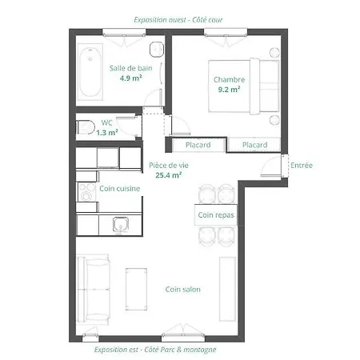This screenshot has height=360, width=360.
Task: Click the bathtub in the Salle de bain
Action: [90, 72]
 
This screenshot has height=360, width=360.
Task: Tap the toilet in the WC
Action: [86, 127]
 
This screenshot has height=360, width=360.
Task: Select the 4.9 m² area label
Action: [130, 78]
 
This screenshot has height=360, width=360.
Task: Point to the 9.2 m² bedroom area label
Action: [229, 90]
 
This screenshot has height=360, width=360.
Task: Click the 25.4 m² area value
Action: [169, 175]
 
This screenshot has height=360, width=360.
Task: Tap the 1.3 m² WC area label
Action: [107, 133]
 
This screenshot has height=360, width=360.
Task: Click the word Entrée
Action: [302, 166]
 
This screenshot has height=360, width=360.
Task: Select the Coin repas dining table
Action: [216, 215]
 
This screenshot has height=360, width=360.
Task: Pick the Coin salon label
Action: [183, 290]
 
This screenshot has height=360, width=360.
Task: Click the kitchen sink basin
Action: [121, 224]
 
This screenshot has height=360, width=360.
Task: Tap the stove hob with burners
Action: [86, 192]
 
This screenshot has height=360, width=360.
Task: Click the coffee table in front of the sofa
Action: [136, 290]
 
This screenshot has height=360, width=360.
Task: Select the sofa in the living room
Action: [94, 290]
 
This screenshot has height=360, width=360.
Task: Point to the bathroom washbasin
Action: [157, 50]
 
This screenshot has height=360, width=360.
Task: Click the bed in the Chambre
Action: [243, 86]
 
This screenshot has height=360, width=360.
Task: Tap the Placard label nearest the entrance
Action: [254, 145]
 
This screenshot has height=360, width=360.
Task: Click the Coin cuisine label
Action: [120, 189]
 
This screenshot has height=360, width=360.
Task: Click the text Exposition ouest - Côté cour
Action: [178, 20]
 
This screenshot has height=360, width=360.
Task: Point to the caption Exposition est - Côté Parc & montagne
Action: [155, 350]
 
